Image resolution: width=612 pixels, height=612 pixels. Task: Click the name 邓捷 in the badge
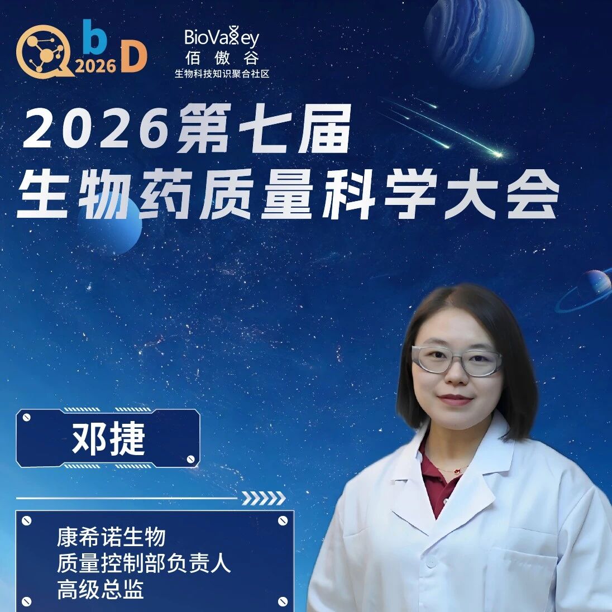tap(108, 439)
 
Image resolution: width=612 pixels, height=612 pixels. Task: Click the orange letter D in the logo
tap(133, 57)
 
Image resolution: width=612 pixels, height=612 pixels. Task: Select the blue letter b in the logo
tap(95, 36)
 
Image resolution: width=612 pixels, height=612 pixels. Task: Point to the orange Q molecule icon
tap(44, 51)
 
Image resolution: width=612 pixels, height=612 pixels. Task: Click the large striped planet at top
tap(479, 41)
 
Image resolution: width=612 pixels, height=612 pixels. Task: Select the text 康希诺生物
tap(111, 537)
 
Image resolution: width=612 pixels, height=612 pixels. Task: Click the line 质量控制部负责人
tap(144, 563)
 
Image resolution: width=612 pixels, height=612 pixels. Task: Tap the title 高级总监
tap(101, 589)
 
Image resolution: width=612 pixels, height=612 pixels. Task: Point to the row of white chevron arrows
tap(264, 499)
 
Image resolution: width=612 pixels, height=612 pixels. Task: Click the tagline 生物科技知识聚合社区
tap(222, 73)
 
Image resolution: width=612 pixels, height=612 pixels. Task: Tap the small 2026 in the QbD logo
tap(95, 66)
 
